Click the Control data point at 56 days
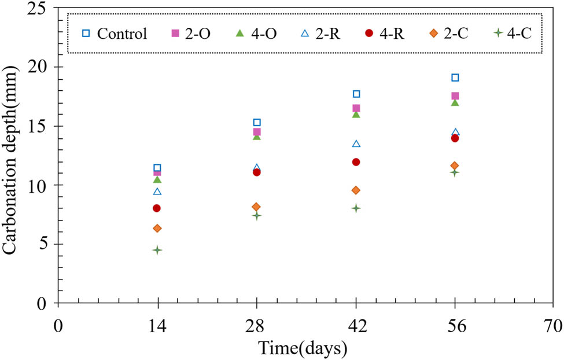pos(455,78)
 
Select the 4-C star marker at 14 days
pos(157,250)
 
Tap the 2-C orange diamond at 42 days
pos(356,190)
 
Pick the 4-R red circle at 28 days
pos(256,172)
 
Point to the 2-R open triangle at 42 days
pos(356,144)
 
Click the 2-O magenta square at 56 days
pos(455,96)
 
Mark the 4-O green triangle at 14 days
pos(157,179)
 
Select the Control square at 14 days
pos(157,168)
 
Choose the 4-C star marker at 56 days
pos(455,172)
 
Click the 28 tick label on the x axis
pos(256,326)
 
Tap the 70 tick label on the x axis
pos(554,326)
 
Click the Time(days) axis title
pos(303,348)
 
